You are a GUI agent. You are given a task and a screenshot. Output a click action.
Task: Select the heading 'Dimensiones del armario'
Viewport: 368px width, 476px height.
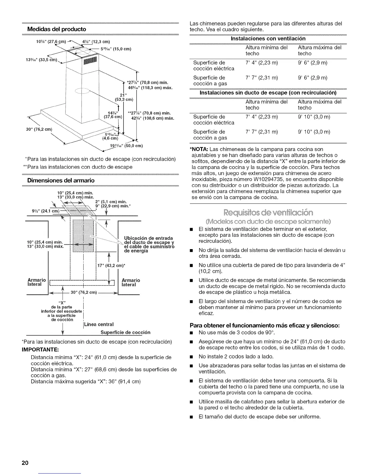pos(61,180)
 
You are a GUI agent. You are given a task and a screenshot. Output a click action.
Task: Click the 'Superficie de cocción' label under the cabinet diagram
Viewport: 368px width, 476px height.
pos(125,332)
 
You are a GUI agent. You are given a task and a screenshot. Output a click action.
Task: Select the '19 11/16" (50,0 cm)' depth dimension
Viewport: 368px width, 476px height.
pos(126,146)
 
